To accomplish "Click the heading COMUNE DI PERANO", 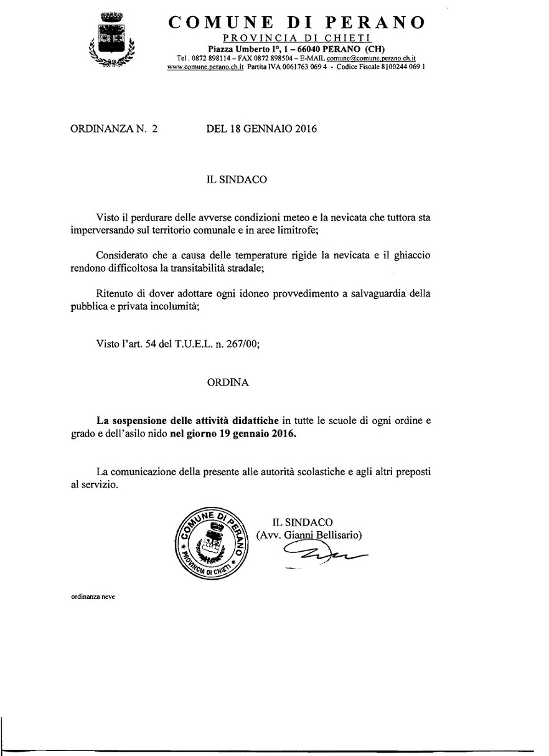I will (297, 22).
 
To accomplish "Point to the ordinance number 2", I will (154, 130).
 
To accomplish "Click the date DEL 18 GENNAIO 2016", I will (261, 130).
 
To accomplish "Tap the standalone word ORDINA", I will (228, 383).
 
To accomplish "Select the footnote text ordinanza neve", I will (93, 596).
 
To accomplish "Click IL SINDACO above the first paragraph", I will (237, 179).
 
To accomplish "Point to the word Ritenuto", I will (117, 293).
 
